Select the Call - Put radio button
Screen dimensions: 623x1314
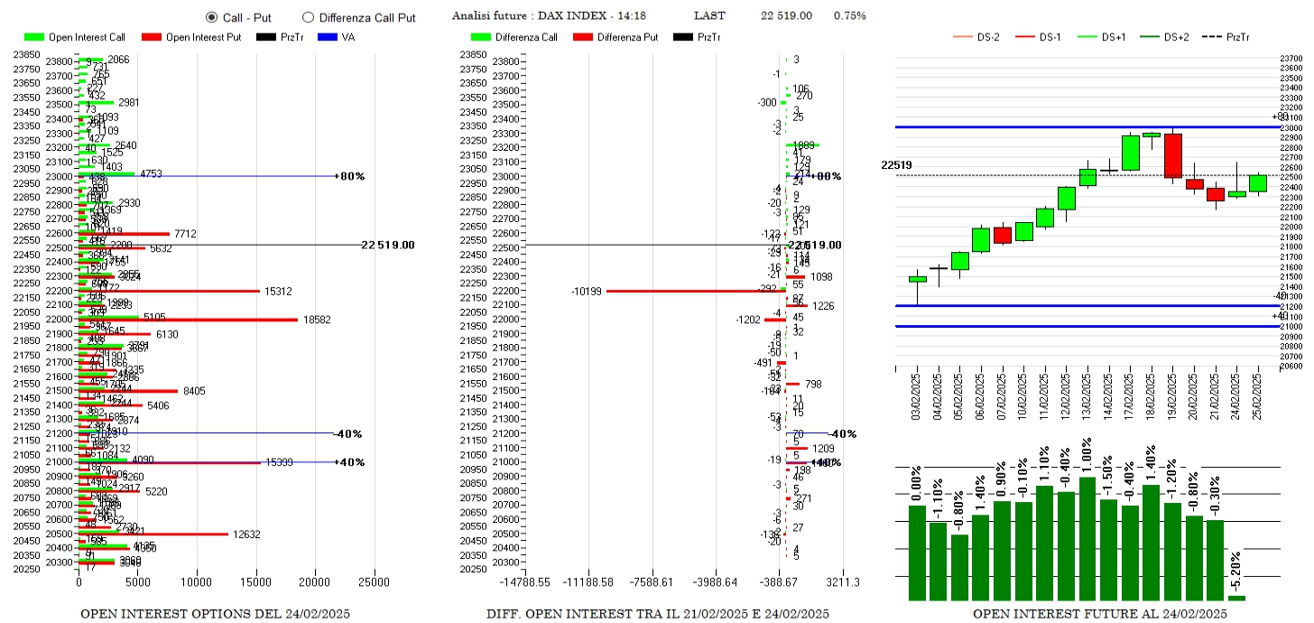point(212,16)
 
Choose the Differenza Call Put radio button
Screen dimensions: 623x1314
point(308,16)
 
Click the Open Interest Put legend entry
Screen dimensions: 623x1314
point(190,37)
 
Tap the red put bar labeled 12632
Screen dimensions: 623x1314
point(153,534)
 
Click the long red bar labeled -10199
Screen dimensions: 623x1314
point(695,291)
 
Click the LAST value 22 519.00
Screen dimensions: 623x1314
point(786,16)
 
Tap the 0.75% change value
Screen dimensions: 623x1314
point(849,16)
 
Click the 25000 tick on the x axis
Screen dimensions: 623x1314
point(374,582)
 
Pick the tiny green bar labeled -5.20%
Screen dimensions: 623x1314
point(1236,598)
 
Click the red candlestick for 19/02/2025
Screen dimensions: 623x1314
point(1173,155)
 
